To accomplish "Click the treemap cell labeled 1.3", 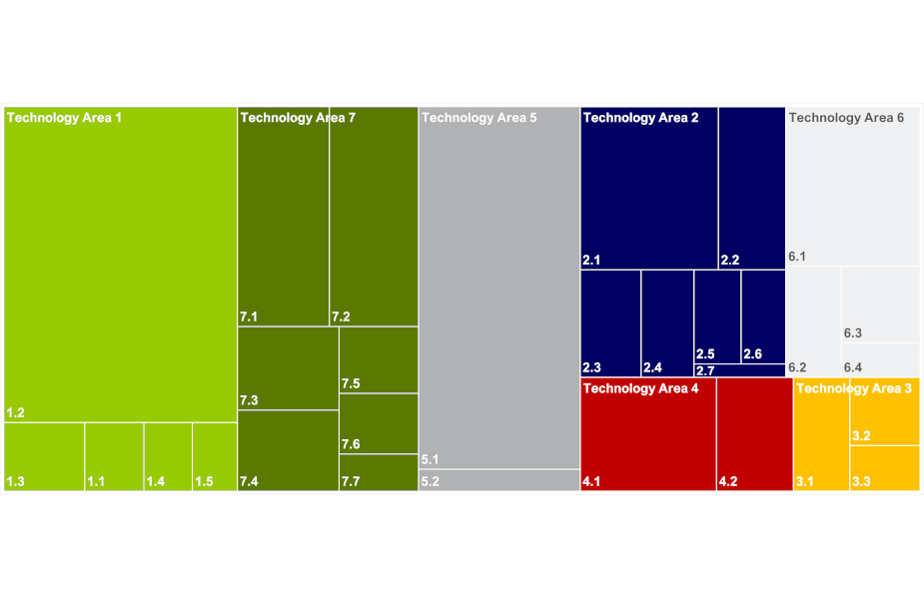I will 44,456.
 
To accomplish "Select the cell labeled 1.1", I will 114,456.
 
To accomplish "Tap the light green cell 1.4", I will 168,456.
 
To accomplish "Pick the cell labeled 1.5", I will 214,456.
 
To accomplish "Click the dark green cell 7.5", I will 379,359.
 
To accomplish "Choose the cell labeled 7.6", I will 379,423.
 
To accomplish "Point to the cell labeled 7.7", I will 379,472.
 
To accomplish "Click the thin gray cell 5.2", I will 498,480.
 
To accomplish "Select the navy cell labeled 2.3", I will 610,322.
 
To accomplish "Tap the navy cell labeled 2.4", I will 666,322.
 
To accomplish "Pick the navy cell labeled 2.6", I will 763,315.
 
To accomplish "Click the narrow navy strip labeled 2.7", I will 739,370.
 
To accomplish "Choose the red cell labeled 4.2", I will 754,434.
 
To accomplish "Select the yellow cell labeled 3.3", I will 884,468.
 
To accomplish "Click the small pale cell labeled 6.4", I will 881,359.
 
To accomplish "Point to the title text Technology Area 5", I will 479,118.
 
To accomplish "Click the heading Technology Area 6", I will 846,118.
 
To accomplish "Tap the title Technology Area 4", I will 640,388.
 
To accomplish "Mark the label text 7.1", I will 249,317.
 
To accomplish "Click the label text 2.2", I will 729,261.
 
